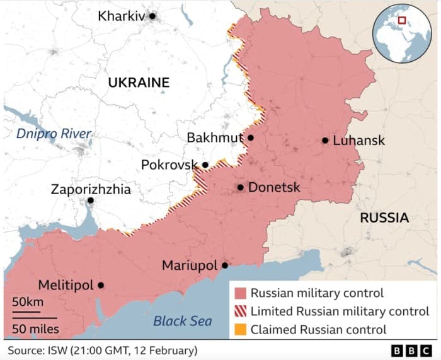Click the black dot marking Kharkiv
coord(152,16)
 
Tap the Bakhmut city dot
coord(251,137)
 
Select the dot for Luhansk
coord(325,141)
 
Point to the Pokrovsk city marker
coord(205,165)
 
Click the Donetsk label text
coord(274,187)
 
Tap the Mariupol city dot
coord(225,265)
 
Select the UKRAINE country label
coord(139,83)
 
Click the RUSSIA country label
coord(384,218)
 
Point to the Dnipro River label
coord(54,134)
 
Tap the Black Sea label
coord(183,321)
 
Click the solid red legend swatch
coord(240,293)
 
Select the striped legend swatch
coord(240,311)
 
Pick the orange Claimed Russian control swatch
coord(240,330)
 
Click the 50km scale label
coord(28,302)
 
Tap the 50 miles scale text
coord(35,328)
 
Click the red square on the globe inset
coord(402,20)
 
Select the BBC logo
coord(412,350)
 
